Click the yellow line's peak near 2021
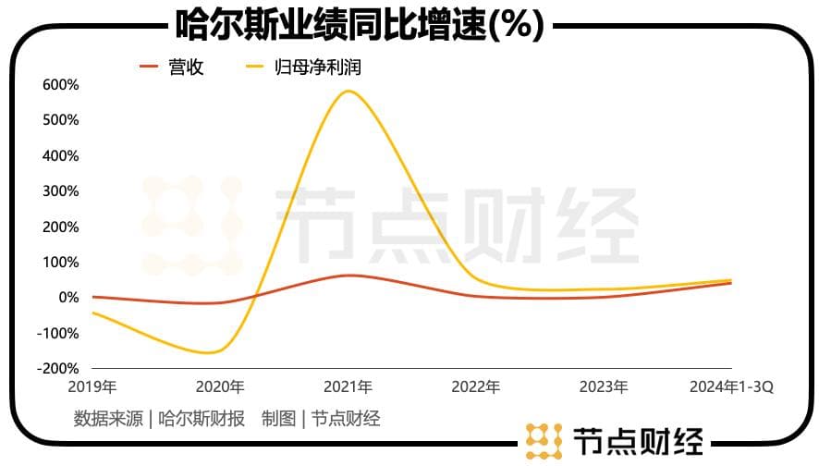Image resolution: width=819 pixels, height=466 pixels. coord(348,91)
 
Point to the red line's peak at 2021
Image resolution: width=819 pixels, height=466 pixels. coord(348,276)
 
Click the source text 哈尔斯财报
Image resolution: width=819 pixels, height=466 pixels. coord(202,419)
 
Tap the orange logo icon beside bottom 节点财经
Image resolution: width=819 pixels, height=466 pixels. coord(544,441)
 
